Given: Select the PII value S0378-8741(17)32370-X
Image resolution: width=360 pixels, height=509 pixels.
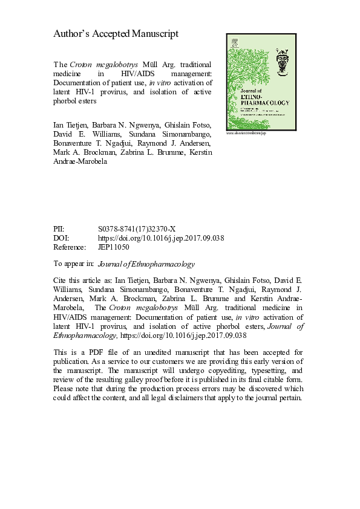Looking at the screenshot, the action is tap(136, 229).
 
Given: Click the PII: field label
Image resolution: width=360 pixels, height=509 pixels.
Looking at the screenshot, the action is tap(59, 229).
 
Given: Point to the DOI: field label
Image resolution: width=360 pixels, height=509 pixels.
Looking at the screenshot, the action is tap(61, 238).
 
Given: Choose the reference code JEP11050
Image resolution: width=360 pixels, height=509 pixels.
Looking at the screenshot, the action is tap(113, 247).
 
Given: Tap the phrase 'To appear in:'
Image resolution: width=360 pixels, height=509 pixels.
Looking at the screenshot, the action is tap(74, 264).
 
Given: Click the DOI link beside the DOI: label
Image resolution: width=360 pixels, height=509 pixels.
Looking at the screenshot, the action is tap(160, 238).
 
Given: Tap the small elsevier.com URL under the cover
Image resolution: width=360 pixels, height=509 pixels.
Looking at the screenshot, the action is tap(246, 132).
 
